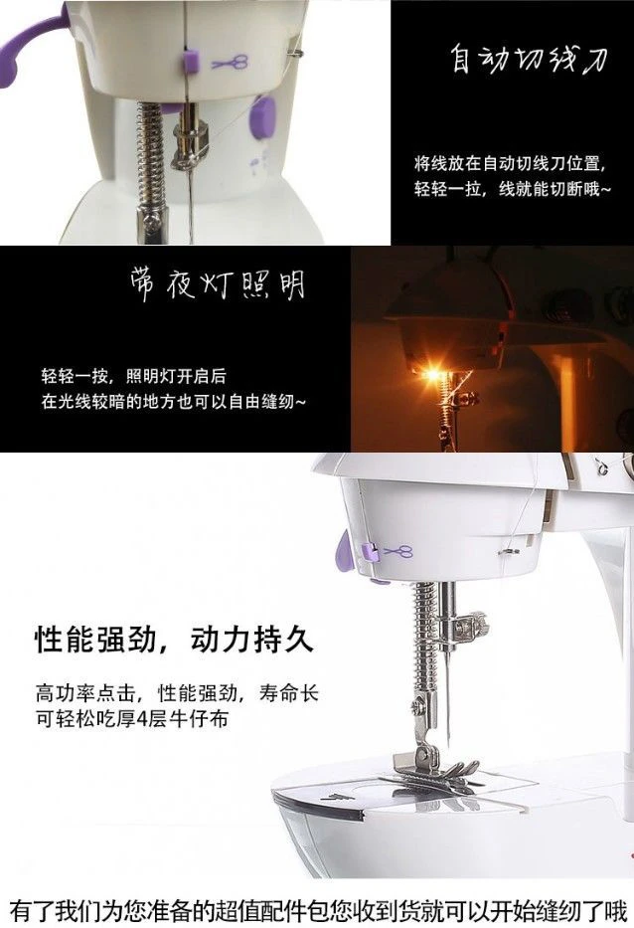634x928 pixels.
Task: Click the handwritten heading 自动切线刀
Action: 530,60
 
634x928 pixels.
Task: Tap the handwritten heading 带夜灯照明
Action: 218,284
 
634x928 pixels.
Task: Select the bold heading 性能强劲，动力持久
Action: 175,640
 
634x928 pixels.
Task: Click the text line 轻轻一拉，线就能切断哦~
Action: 512,189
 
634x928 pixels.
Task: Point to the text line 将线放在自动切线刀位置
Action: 511,163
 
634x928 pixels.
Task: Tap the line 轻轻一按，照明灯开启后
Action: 134,376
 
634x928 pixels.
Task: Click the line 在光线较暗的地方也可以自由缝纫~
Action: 174,402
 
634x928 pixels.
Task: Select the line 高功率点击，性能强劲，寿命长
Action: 177,692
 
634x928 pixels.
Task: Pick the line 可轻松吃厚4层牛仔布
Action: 132,719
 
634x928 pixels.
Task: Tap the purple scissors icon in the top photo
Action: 230,62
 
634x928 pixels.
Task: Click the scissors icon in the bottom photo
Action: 398,552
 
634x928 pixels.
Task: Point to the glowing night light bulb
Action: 433,374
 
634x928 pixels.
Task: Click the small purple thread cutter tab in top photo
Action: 191,60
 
